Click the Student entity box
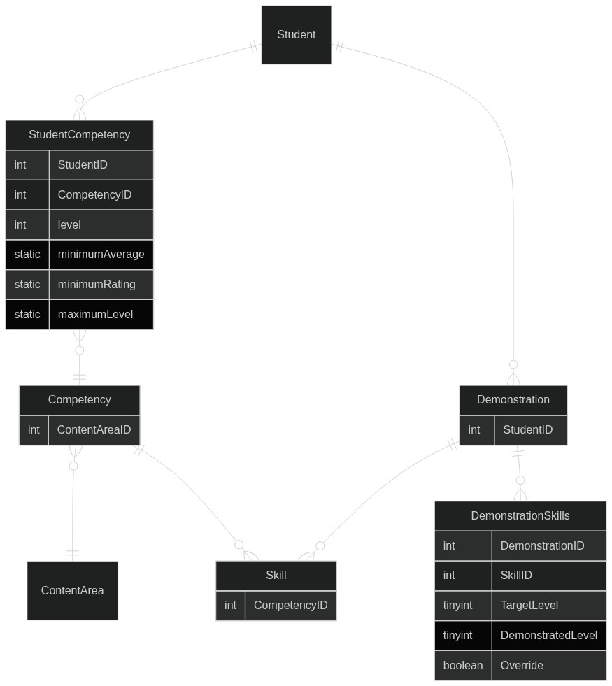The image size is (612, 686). click(x=296, y=34)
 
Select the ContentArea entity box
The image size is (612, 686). click(x=72, y=590)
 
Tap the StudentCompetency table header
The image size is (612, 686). click(x=79, y=135)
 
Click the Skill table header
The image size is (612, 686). click(x=276, y=576)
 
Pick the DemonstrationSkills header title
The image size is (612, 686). click(x=520, y=516)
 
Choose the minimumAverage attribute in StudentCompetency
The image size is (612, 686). click(x=101, y=254)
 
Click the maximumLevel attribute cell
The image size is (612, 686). click(x=101, y=314)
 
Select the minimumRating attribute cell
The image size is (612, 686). click(x=101, y=285)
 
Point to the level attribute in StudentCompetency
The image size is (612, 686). click(x=101, y=225)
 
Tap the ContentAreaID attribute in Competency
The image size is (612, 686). click(x=94, y=429)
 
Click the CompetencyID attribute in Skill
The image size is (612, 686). click(x=290, y=605)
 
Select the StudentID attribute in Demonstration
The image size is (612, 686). click(x=531, y=429)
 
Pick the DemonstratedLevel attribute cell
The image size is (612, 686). click(x=549, y=635)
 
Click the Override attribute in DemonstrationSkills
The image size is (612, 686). click(x=549, y=666)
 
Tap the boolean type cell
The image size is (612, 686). click(x=463, y=666)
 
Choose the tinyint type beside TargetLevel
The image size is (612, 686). click(x=463, y=605)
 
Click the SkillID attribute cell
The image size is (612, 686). click(x=549, y=576)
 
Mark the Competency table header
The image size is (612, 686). click(x=79, y=400)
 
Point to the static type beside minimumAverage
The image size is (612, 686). click(x=27, y=254)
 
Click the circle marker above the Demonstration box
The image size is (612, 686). click(x=513, y=364)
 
